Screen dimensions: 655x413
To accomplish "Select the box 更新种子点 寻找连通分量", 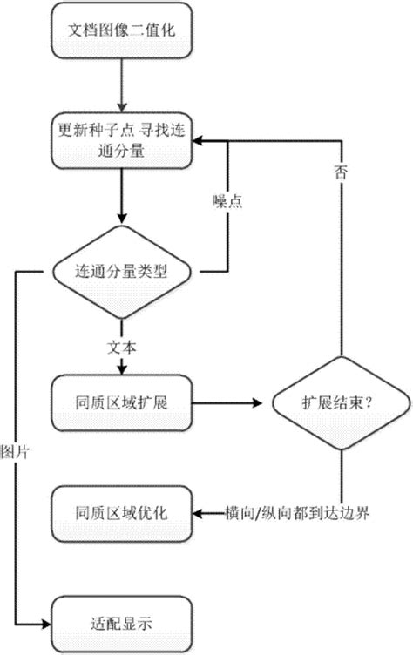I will click(123, 143).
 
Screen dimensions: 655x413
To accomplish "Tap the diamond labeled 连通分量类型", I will click(123, 272).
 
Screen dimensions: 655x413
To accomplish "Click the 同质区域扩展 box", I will click(123, 403).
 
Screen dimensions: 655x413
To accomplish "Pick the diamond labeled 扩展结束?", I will click(341, 403).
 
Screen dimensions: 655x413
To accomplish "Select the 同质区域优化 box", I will click(123, 512).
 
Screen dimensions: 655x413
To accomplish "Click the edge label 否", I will click(341, 172).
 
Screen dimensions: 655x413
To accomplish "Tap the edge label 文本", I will click(123, 346).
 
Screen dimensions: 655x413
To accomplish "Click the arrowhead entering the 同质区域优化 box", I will click(198, 512).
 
